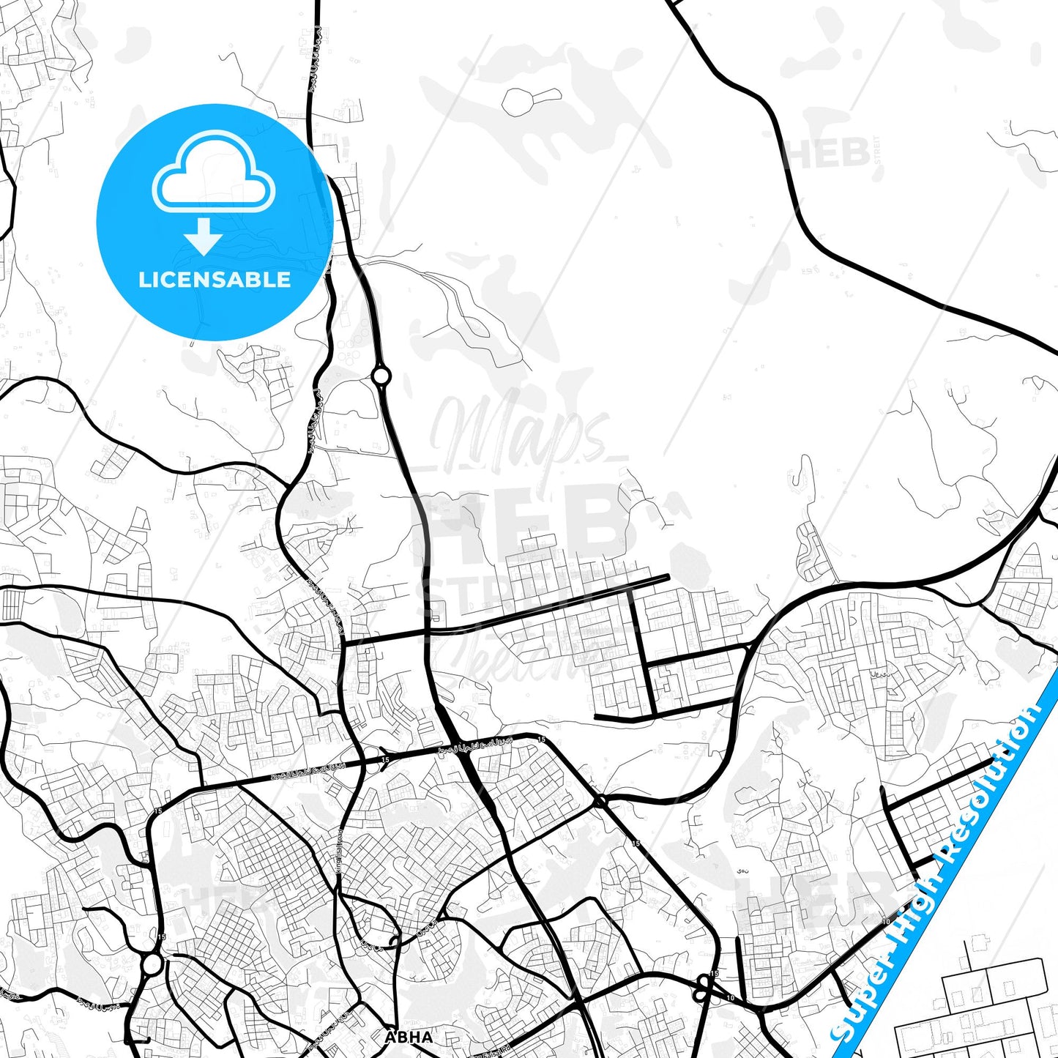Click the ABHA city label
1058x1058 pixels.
tap(409, 1037)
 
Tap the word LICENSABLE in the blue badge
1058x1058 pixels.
tap(215, 280)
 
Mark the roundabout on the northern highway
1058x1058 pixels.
tap(381, 376)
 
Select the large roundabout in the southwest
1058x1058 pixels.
tap(152, 964)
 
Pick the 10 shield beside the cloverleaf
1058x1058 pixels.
tap(730, 998)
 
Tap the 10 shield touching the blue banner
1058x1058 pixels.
tap(886, 922)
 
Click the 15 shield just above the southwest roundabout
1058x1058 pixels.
tap(161, 936)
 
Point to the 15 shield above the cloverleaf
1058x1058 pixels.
tap(714, 974)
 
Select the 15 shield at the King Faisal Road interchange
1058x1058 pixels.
tap(385, 760)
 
